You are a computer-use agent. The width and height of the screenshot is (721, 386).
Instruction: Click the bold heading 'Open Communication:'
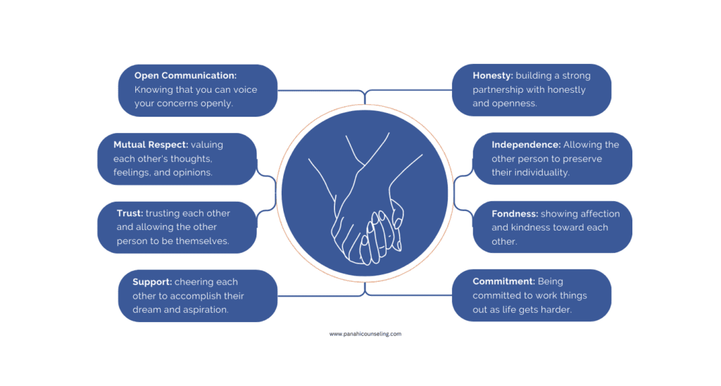click(185, 75)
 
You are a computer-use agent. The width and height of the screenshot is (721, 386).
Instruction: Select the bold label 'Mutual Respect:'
click(151, 145)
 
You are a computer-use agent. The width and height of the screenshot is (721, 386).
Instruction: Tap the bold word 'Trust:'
click(130, 213)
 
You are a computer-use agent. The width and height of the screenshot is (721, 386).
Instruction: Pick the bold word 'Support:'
click(152, 282)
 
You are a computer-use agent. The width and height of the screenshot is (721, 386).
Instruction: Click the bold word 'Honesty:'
click(492, 75)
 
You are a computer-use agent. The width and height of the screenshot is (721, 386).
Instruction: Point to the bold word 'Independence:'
click(526, 145)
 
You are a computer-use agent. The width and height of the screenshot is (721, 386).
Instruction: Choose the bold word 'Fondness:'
click(515, 214)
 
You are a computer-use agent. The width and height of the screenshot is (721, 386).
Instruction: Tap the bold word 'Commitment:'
click(503, 281)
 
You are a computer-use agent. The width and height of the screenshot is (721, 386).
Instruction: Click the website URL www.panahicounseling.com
click(365, 334)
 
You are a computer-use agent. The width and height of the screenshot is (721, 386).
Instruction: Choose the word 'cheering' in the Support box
click(196, 282)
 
